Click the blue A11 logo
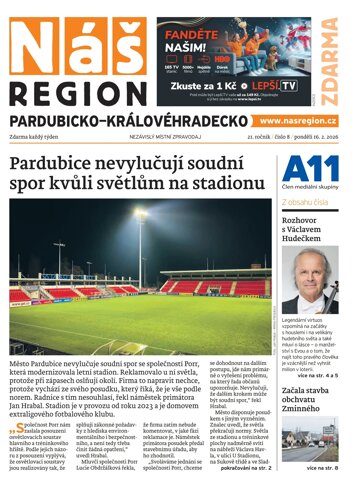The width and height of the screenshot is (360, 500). pos(304,168)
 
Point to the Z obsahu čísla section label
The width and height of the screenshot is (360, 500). pos(305,202)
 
